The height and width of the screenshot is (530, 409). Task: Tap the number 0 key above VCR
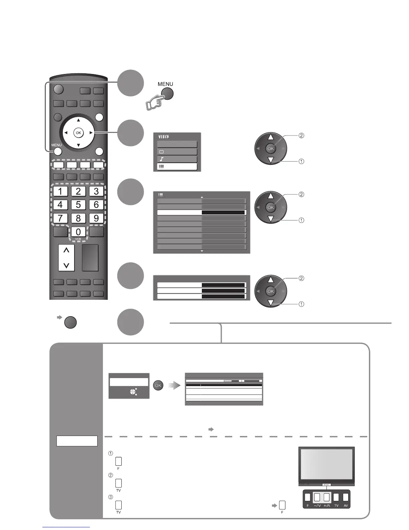point(78,232)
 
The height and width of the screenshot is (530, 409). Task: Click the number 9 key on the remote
point(96,218)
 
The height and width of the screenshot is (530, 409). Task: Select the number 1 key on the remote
point(60,191)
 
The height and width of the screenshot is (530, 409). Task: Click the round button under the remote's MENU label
point(57,151)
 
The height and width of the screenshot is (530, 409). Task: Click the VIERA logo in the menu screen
point(164,137)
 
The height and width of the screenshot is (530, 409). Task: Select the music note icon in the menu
point(162,159)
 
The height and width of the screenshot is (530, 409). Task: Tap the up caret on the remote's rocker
point(66,250)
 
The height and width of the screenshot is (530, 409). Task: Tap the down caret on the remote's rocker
point(66,265)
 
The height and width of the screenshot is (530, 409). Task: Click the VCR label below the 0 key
point(78,239)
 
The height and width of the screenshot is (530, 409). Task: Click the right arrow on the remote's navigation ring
point(91,133)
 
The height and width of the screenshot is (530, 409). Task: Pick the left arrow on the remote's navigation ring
point(66,133)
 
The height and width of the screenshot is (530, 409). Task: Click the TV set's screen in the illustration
point(326,465)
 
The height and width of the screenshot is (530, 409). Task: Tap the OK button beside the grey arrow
point(158,385)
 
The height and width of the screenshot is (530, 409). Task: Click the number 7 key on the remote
point(60,218)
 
